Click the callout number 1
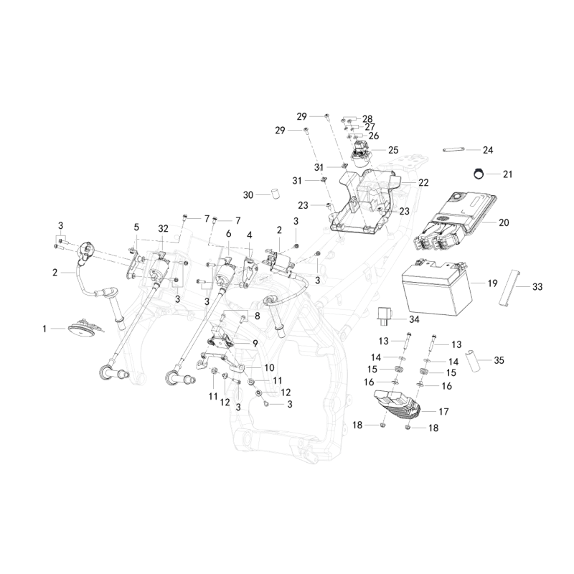tap(44, 329)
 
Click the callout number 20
tap(504, 222)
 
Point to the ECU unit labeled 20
tap(456, 220)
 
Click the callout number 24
tap(488, 150)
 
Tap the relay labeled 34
tap(386, 316)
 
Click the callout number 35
tap(499, 360)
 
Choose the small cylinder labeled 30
tap(275, 194)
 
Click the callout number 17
tap(443, 411)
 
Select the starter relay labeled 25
tap(361, 154)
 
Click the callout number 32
tap(163, 228)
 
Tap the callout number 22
tap(423, 182)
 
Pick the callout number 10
tap(269, 367)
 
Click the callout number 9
tap(255, 344)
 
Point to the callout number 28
tap(367, 118)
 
